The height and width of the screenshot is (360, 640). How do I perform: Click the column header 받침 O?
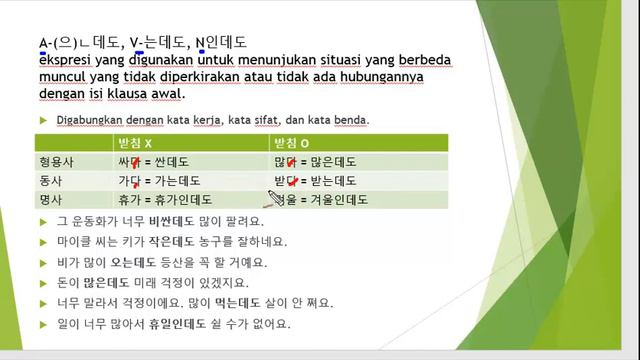pyautogui.click(x=292, y=141)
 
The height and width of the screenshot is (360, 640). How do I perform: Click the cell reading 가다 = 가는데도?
pyautogui.click(x=160, y=180)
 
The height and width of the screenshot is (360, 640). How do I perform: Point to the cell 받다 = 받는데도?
pyautogui.click(x=315, y=180)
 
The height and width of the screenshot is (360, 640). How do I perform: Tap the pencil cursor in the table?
pyautogui.click(x=269, y=197)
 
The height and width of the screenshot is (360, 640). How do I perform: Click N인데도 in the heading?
pyautogui.click(x=221, y=42)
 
